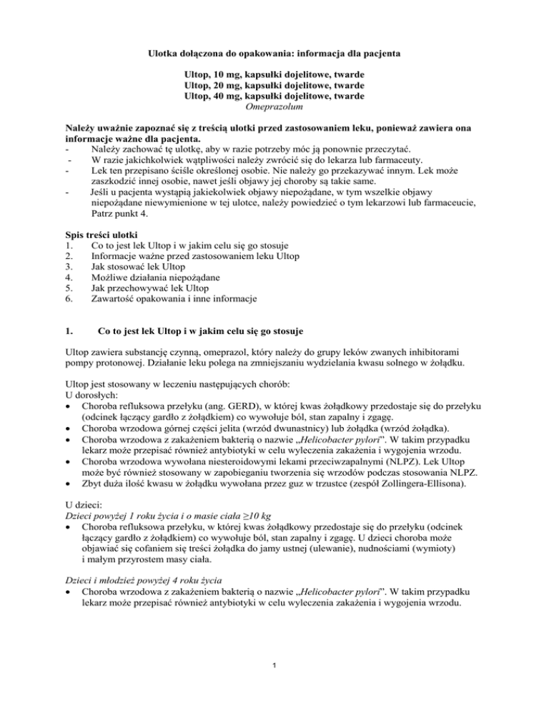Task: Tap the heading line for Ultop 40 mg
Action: pos(274,96)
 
